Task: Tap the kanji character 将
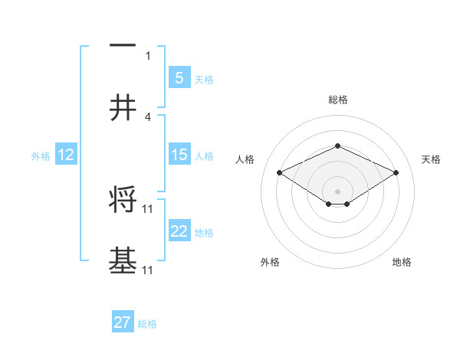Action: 123,201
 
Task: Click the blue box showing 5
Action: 179,77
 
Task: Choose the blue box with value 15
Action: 179,155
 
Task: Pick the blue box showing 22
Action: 179,231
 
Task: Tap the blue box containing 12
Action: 66,155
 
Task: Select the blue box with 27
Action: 123,322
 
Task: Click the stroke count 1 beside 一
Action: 148,55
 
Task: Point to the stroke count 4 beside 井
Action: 148,117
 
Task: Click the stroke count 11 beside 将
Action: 148,208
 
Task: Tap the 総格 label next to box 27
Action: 148,324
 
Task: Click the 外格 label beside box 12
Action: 41,156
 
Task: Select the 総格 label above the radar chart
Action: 337,100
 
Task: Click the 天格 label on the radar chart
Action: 431,159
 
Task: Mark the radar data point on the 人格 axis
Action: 279,172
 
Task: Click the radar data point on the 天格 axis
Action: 396,172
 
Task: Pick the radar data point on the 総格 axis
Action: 337,146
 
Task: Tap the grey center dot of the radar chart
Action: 337,191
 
